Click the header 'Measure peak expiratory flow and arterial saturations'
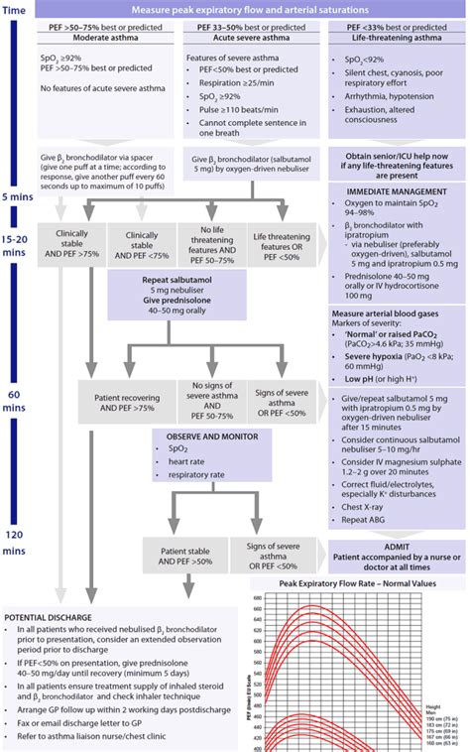pos(252,9)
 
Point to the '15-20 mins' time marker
pos(19,245)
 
